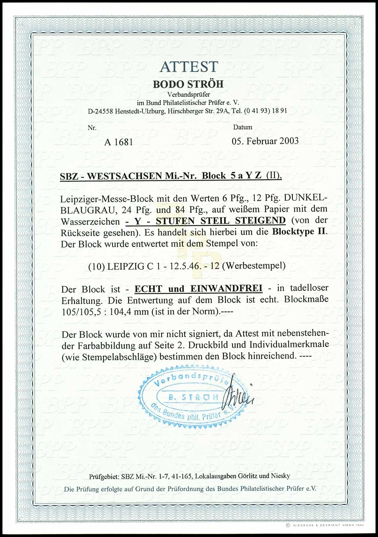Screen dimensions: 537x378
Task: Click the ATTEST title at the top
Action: pyautogui.click(x=189, y=67)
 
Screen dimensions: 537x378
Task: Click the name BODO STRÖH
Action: pyautogui.click(x=188, y=84)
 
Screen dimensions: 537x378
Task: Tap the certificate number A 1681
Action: pyautogui.click(x=118, y=142)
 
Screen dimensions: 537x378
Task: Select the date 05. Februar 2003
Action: pyautogui.click(x=265, y=140)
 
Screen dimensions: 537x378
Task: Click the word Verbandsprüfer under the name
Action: pyautogui.click(x=189, y=95)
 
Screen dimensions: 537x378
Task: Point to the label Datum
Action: pyautogui.click(x=243, y=127)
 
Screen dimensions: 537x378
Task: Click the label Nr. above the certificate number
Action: pyautogui.click(x=92, y=128)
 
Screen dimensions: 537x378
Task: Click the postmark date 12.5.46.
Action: pyautogui.click(x=192, y=266)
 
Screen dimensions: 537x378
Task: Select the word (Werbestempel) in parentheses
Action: pyautogui.click(x=254, y=266)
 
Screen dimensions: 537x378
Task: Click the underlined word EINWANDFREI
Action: pyautogui.click(x=227, y=288)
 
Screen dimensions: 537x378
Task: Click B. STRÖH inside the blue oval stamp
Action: pyautogui.click(x=193, y=397)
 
